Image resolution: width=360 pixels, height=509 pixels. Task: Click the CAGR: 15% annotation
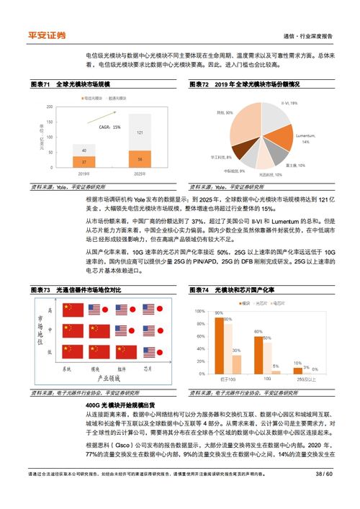(x=109, y=127)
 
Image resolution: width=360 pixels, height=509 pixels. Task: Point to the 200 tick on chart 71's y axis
(x=48, y=107)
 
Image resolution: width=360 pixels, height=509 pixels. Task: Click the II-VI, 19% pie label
(x=289, y=104)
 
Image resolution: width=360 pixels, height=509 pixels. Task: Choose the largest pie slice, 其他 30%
(x=243, y=122)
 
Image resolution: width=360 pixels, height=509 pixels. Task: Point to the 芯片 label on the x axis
(x=148, y=368)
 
